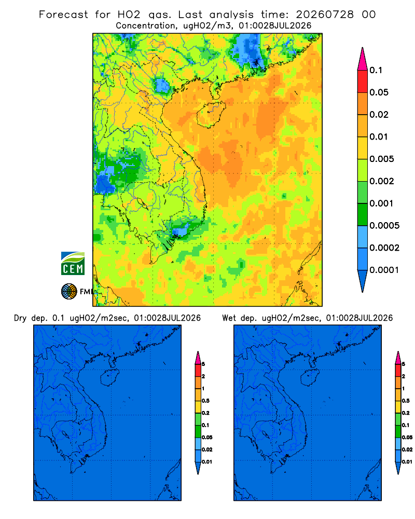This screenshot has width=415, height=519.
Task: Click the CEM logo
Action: click(73, 263)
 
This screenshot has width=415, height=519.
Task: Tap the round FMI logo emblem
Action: click(69, 292)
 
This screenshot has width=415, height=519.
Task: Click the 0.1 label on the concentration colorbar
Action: click(376, 70)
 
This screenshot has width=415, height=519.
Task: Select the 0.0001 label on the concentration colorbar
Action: click(384, 270)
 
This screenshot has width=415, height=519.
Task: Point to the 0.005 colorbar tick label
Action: click(382, 159)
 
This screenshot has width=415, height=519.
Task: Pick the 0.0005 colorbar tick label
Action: click(384, 226)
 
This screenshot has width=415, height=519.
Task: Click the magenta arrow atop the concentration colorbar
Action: click(363, 59)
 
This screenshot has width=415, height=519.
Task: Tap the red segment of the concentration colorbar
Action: click(363, 81)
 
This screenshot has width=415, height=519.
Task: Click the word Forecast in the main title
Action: click(63, 15)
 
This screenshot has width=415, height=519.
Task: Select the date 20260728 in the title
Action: click(325, 15)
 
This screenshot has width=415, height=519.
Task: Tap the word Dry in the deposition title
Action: click(20, 318)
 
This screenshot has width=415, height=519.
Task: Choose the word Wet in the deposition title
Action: click(229, 318)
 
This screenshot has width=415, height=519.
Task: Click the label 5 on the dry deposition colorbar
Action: click(203, 364)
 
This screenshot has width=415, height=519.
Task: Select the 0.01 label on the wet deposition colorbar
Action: click(407, 462)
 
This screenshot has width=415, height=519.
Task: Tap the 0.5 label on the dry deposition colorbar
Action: click(205, 401)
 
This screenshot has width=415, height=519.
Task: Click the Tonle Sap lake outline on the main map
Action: click(141, 202)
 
